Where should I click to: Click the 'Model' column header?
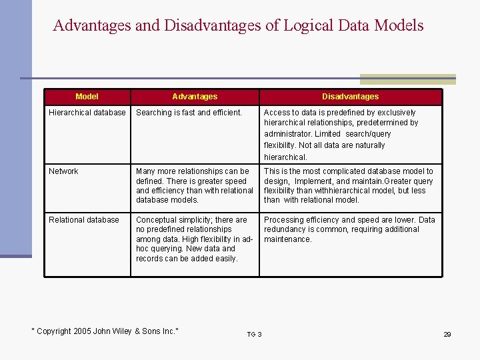coord(87,97)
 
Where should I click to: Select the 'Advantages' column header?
coord(195,97)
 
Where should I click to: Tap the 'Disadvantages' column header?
coord(350,97)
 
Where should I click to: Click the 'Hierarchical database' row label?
coord(87,113)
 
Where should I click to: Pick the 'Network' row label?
coord(63,171)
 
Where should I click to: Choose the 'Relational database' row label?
coord(84,220)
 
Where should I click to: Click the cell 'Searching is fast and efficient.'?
coord(189,113)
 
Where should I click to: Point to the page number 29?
coord(447,334)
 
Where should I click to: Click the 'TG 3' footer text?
coord(254,334)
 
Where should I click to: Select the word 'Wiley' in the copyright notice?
coord(122,331)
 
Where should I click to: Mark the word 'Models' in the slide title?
coord(399,26)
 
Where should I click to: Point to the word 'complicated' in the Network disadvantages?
coord(337,171)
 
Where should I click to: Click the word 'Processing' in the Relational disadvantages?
coord(284,220)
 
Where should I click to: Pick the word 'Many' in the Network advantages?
coord(146,171)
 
